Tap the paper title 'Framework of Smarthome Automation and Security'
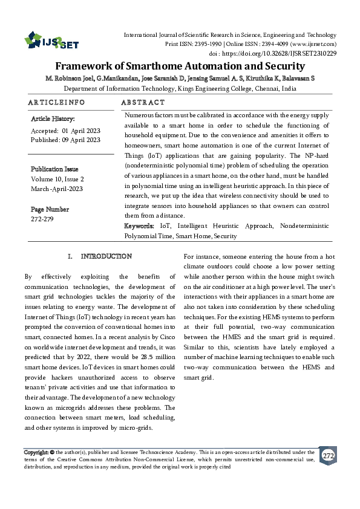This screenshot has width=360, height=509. click(x=180, y=67)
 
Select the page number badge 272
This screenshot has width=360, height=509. click(x=328, y=455)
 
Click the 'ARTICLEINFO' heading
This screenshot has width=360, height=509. click(x=57, y=103)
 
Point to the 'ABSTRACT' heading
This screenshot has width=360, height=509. click(x=143, y=103)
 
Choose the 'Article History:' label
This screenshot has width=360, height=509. click(x=53, y=119)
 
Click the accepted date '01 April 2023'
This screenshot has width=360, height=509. click(x=80, y=131)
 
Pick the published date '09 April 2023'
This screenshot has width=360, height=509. click(x=80, y=140)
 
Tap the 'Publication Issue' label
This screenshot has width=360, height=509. click(x=54, y=169)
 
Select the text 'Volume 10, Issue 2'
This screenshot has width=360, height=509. click(x=57, y=179)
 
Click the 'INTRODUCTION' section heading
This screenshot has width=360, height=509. click(x=106, y=256)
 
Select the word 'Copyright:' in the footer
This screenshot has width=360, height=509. click(x=36, y=452)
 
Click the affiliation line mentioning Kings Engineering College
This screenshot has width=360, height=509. click(x=180, y=88)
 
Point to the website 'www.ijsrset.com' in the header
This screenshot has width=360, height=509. click(x=313, y=45)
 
